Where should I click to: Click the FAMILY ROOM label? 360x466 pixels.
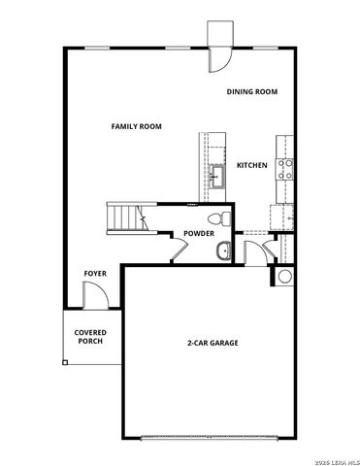[x=136, y=126]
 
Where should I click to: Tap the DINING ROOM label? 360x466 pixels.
[x=252, y=91]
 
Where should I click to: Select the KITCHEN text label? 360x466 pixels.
[x=252, y=166]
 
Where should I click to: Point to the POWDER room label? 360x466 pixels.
[x=199, y=234]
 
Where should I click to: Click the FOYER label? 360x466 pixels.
[x=94, y=274]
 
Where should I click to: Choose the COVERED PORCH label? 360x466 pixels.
[x=90, y=337]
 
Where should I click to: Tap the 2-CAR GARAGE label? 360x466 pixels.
[x=213, y=343]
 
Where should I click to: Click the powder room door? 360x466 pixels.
[x=178, y=250]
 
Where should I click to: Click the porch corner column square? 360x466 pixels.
[x=66, y=362]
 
